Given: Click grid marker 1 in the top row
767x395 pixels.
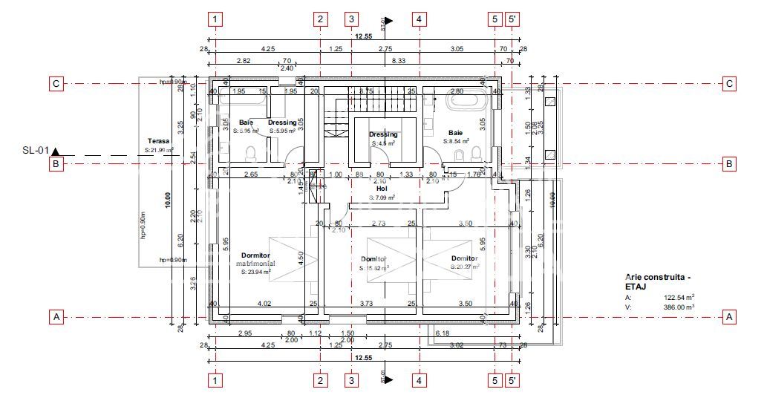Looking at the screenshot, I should click(x=215, y=19).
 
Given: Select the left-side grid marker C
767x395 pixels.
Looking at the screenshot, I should click(x=55, y=84).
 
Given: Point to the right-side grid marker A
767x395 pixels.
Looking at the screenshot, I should click(x=730, y=317).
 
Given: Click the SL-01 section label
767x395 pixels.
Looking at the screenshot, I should click(x=36, y=150).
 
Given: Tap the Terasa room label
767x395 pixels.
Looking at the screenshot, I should click(x=158, y=141).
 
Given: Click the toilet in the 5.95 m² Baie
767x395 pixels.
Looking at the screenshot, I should click(x=250, y=154).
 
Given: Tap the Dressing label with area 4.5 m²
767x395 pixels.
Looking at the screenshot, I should click(x=383, y=134).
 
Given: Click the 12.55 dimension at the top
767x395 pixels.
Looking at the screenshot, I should click(x=363, y=36).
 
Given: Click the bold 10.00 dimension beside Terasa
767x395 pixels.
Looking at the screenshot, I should click(x=168, y=200).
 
